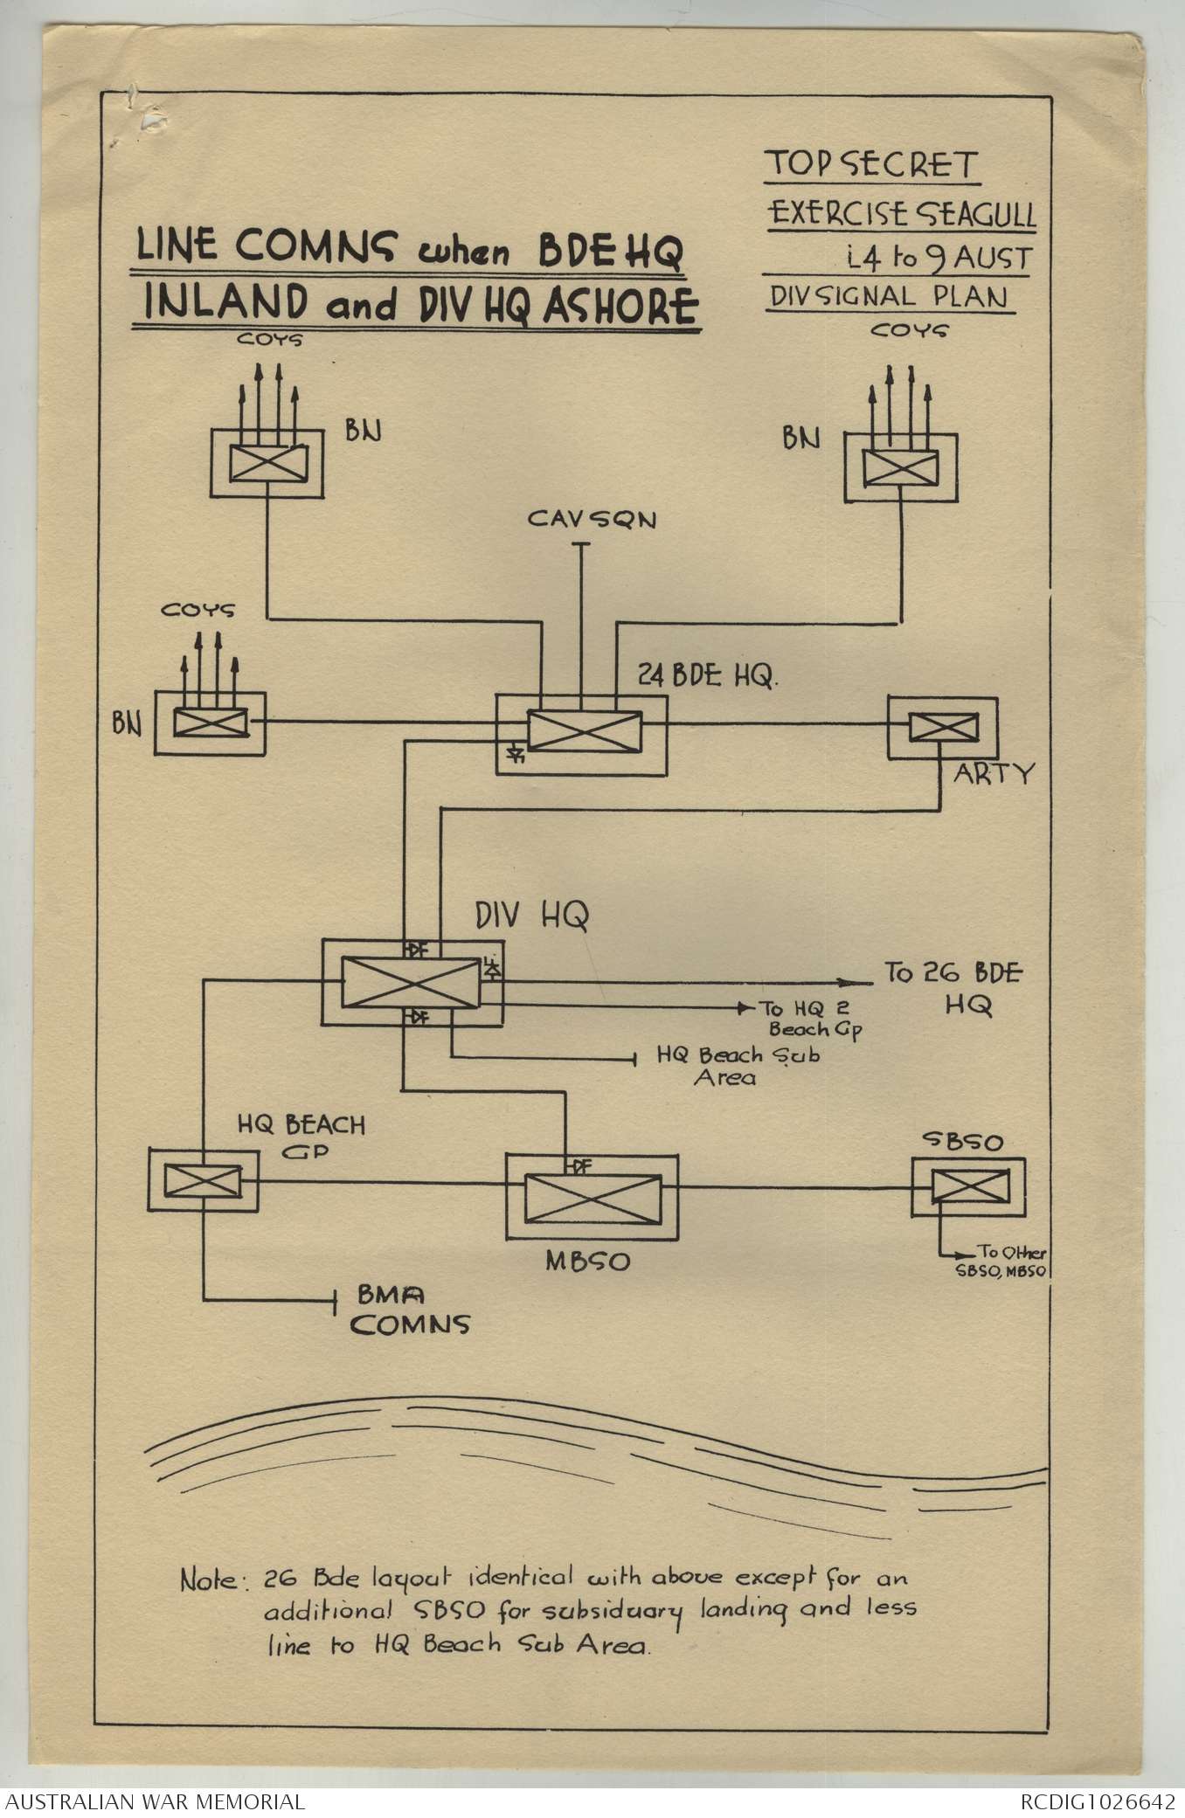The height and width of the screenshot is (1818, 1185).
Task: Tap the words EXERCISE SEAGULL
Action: (x=901, y=214)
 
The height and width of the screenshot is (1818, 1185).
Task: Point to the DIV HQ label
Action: (x=531, y=915)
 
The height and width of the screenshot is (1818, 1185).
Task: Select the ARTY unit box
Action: (x=942, y=727)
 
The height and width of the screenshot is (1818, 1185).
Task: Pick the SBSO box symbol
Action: (x=968, y=1186)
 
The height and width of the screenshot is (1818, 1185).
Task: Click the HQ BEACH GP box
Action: (x=203, y=1181)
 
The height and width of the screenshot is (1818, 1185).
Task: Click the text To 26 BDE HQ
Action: (x=955, y=988)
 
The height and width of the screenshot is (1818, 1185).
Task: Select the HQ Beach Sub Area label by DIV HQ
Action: (x=738, y=1066)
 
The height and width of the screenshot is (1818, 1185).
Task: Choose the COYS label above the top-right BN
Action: (x=909, y=332)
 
